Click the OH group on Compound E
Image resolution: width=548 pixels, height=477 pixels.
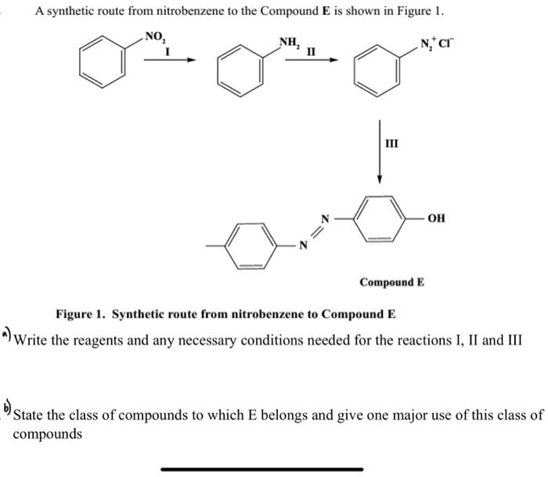(x=437, y=218)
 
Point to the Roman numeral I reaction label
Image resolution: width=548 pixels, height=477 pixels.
(x=168, y=51)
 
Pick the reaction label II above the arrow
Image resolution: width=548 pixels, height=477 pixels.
(x=312, y=52)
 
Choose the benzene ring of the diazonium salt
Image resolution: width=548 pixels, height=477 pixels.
(x=373, y=71)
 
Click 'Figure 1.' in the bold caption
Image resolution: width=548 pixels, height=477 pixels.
(x=81, y=314)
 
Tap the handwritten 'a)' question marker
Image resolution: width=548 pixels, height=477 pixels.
(x=7, y=335)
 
